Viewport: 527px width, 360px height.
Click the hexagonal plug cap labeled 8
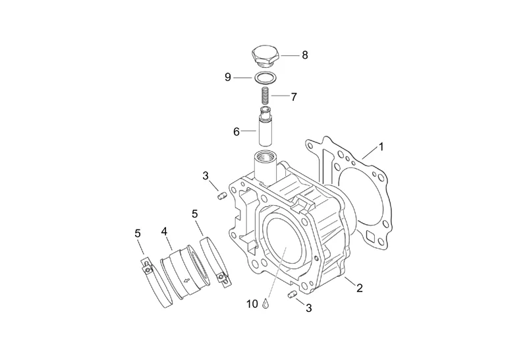click(265, 56)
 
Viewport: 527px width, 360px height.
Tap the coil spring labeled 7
click(266, 96)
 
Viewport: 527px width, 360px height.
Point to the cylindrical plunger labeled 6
click(265, 126)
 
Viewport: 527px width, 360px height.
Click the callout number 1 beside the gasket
click(381, 146)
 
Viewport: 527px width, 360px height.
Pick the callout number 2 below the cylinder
click(360, 288)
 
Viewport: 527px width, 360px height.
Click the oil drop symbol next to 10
click(266, 303)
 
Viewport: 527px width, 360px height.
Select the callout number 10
click(252, 304)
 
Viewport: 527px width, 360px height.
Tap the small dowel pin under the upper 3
click(221, 196)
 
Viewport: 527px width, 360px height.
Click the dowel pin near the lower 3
click(292, 295)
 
